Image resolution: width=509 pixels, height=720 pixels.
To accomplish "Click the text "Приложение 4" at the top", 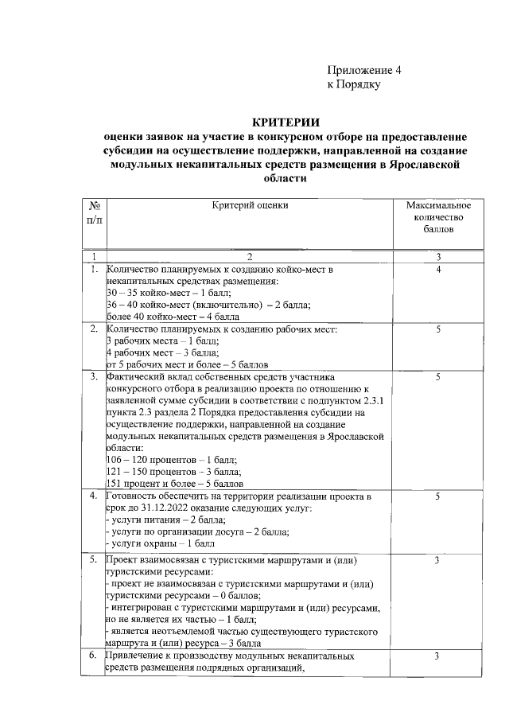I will (365, 70).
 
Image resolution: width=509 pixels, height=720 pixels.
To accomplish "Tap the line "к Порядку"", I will (355, 84).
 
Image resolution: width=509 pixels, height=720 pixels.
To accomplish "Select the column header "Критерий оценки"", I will (250, 205).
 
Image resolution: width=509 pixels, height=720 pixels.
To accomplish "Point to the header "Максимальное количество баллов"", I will (437, 217).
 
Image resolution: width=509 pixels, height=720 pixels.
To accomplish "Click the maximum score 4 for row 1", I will (438, 270).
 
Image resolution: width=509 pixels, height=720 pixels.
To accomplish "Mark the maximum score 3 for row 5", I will (438, 561).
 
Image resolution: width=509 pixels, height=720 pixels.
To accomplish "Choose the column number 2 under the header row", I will (250, 256).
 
